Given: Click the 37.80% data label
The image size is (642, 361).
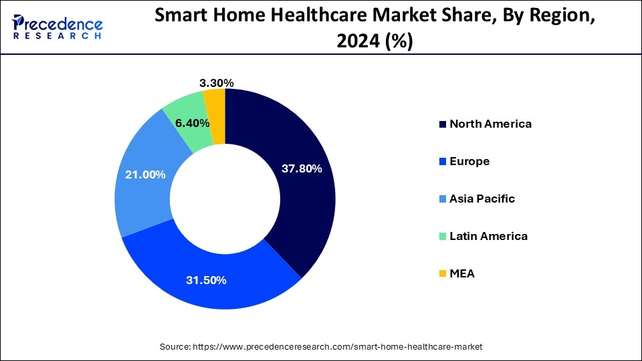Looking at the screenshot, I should click(x=302, y=169).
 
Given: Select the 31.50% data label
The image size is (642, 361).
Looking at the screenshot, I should click(x=206, y=280).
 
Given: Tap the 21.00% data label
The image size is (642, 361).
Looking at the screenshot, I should click(x=145, y=174).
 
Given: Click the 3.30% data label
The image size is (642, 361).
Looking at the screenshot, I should click(x=216, y=83).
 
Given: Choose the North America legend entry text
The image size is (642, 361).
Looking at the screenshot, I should click(x=490, y=124).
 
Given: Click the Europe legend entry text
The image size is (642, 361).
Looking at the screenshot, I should click(x=469, y=161).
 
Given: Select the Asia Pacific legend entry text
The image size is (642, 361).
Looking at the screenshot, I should click(x=482, y=199).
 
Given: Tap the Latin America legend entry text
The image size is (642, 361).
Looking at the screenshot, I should click(x=488, y=236).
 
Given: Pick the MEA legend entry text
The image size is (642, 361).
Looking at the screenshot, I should click(x=462, y=273).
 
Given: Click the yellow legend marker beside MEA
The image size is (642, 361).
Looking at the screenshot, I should click(x=442, y=274).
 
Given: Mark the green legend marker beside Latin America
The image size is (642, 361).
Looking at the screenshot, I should click(x=442, y=237).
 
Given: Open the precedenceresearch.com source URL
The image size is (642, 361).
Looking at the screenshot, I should click(x=337, y=347).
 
